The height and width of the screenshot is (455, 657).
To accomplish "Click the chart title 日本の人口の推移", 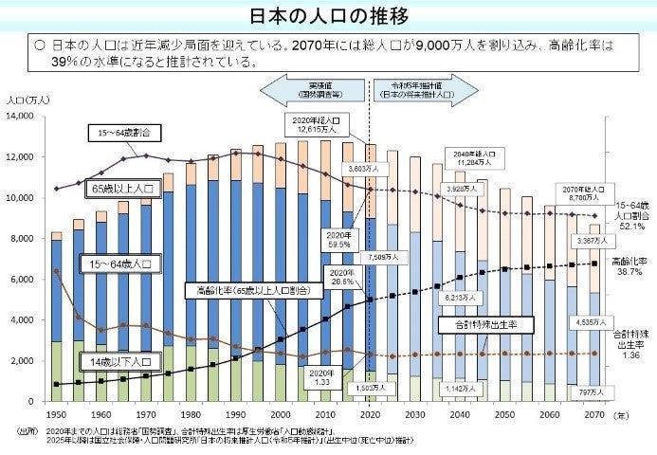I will pyautogui.click(x=327, y=18).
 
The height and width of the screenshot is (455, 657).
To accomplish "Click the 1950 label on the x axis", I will pyautogui.click(x=57, y=415).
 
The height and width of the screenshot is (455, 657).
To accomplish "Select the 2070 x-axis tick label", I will pyautogui.click(x=594, y=415).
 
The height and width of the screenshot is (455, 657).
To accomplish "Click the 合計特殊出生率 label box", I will pyautogui.click(x=485, y=325).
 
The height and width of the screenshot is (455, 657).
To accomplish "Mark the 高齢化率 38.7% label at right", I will pyautogui.click(x=629, y=266).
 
